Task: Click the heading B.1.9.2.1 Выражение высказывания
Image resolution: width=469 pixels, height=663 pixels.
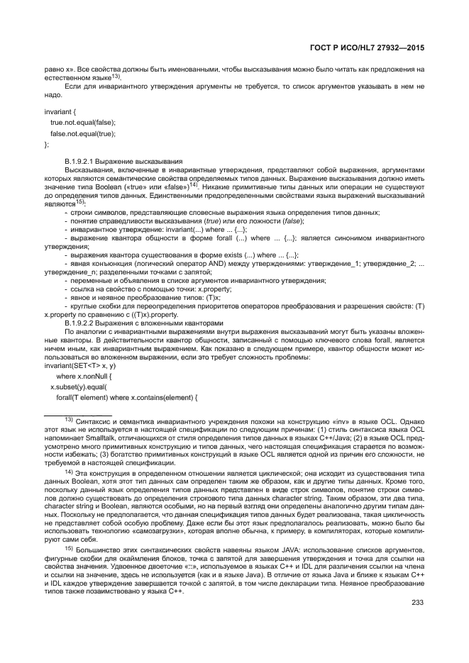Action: pyautogui.click(x=123, y=162)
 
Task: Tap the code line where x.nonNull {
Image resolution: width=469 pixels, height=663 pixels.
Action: pyautogui.click(x=84, y=376)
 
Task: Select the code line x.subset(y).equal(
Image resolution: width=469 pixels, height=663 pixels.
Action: pyautogui.click(x=77, y=386)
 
